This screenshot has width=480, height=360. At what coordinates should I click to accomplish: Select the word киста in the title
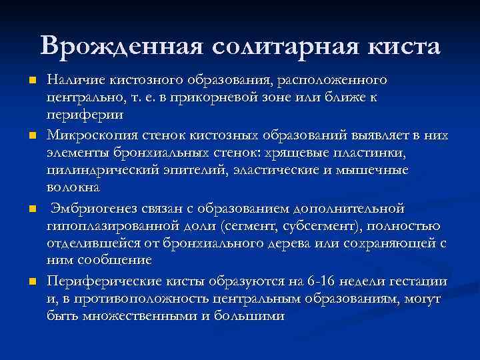click(x=406, y=46)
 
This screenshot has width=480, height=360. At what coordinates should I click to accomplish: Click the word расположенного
click(x=333, y=81)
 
